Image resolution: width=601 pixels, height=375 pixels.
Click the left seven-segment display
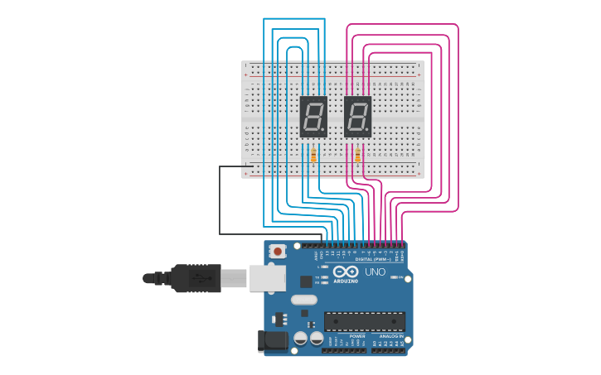pyautogui.click(x=313, y=117)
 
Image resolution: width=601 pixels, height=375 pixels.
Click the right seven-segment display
pyautogui.click(x=357, y=117)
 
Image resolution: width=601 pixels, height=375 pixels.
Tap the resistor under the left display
pyautogui.click(x=313, y=156)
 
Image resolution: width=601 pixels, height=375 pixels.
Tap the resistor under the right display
pyautogui.click(x=357, y=156)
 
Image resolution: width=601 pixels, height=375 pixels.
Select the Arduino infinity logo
pyautogui.click(x=346, y=272)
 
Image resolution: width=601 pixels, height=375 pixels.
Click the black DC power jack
pyautogui.click(x=272, y=341)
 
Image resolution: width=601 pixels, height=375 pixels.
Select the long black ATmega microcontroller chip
pyautogui.click(x=365, y=321)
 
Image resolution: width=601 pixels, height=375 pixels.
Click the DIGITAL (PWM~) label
pyautogui.click(x=370, y=259)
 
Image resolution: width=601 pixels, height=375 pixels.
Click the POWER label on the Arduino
pyautogui.click(x=357, y=336)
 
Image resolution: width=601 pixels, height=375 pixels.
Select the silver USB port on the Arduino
pyautogui.click(x=267, y=278)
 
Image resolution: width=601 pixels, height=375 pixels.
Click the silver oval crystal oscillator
pyautogui.click(x=304, y=300)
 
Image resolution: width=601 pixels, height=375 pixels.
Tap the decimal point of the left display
pyautogui.click(x=324, y=130)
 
